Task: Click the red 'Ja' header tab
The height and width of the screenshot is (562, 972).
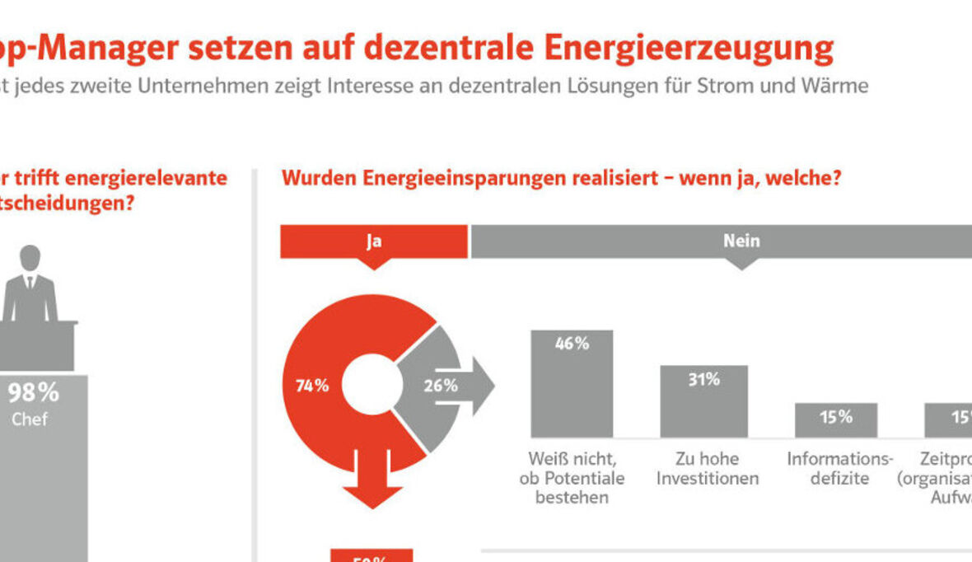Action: point(374,241)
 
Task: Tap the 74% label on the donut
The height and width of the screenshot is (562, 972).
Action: point(312,385)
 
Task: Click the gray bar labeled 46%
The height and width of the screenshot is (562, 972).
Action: point(572,383)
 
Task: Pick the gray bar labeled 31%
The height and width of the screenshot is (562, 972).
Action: point(703,401)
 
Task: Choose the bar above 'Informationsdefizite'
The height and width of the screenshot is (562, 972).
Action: point(835,419)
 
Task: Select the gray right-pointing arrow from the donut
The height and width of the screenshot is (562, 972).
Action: point(474,385)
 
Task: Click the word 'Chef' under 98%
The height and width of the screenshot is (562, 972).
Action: point(29,419)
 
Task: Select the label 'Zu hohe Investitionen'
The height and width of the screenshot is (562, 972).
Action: point(707,468)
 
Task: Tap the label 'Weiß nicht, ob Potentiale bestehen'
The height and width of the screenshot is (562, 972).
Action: point(572,478)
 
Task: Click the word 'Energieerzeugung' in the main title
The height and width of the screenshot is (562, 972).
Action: point(688,49)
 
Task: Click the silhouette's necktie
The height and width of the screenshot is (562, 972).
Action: point(30,282)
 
